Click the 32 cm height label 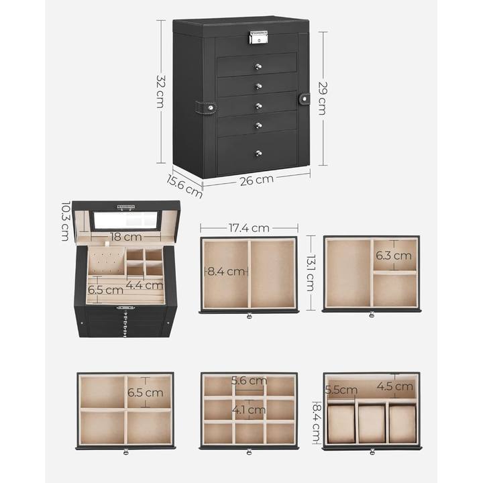point(161,91)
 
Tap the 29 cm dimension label point(322,98)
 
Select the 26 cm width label point(256,180)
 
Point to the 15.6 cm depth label point(184,186)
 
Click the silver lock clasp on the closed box point(259,38)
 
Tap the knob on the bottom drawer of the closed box point(259,153)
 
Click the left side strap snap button point(211,108)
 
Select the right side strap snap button point(305,99)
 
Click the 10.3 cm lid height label point(65,221)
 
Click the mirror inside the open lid point(125,220)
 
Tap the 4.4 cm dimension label point(144,285)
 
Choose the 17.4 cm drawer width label point(249,228)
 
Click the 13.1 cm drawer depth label point(311,273)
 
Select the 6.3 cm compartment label point(394,256)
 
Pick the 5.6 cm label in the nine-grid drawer point(249,380)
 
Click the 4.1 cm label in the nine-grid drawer point(249,410)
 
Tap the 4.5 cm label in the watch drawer point(395,386)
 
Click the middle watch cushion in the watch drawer point(372,424)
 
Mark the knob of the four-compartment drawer point(126,452)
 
